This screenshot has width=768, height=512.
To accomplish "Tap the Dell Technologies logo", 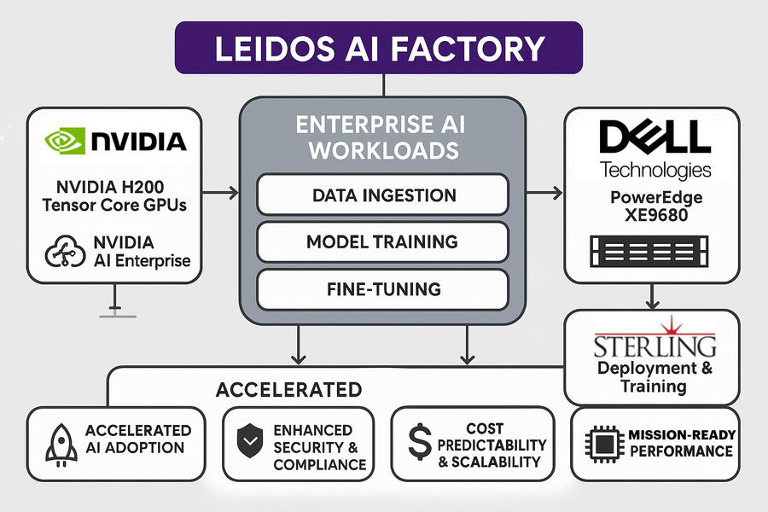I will (x=655, y=148).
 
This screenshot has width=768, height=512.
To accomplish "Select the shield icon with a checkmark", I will (x=248, y=443).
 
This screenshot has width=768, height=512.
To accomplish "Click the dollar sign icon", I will (x=418, y=444).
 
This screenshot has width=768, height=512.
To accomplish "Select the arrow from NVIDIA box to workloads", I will (x=220, y=195).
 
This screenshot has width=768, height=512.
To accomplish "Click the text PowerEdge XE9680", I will (x=655, y=207).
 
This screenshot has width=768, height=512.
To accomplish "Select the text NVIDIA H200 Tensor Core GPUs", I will (x=113, y=196).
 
